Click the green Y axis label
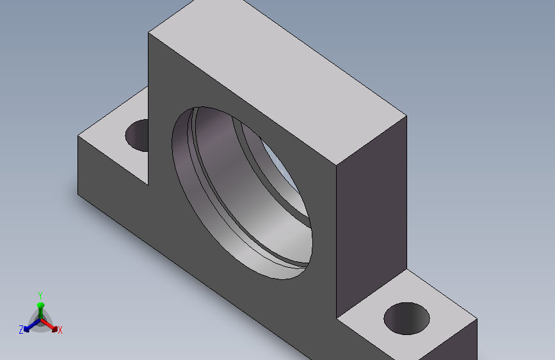[40, 295]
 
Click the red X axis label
[60, 331]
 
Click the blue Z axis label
[21, 330]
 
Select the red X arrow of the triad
[49, 325]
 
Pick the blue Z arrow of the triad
[32, 325]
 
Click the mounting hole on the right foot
[406, 318]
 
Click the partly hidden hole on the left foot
[138, 135]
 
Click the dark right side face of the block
[371, 216]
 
